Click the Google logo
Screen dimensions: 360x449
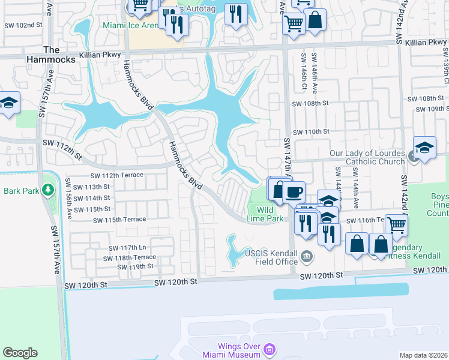point(20,353)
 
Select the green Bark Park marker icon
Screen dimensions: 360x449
point(47,190)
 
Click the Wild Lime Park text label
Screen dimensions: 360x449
point(270,214)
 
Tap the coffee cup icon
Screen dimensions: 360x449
point(294,192)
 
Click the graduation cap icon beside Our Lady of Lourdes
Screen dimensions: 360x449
point(424,148)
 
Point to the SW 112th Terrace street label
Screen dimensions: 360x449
point(116,175)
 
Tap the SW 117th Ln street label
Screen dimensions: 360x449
point(127,248)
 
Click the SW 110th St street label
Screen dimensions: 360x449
point(311,131)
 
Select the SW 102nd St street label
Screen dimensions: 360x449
point(22,26)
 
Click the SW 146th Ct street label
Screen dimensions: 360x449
point(304,71)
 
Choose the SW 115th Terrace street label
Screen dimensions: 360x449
point(119,220)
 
